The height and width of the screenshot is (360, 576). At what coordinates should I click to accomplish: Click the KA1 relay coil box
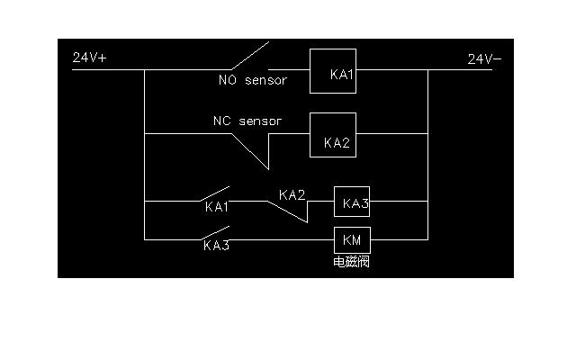333,71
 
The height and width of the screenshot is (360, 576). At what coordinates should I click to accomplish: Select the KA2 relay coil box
333,135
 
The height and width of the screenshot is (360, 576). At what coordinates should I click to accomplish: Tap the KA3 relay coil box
352,202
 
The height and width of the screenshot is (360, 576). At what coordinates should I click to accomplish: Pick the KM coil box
352,239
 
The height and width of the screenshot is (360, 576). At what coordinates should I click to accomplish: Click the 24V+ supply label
90,58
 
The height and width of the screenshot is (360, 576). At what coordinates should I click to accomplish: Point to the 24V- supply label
484,59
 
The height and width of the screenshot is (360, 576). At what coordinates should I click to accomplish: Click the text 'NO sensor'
253,81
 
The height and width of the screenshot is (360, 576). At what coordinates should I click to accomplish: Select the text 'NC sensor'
247,121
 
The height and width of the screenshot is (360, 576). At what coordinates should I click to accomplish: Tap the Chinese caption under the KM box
351,262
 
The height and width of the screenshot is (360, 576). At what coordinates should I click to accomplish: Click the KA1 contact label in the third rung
217,207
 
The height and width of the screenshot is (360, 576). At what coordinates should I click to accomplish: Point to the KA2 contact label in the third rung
292,194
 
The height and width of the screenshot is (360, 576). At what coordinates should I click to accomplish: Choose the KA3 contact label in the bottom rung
216,245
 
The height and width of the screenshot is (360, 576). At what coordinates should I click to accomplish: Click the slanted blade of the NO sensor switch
248,56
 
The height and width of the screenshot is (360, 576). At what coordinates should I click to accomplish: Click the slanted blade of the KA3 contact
213,232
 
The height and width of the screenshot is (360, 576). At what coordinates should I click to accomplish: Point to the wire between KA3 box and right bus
399,202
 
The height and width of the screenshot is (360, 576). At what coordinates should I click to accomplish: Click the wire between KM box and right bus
399,239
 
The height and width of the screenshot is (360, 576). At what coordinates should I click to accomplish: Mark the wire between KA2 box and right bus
391,135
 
